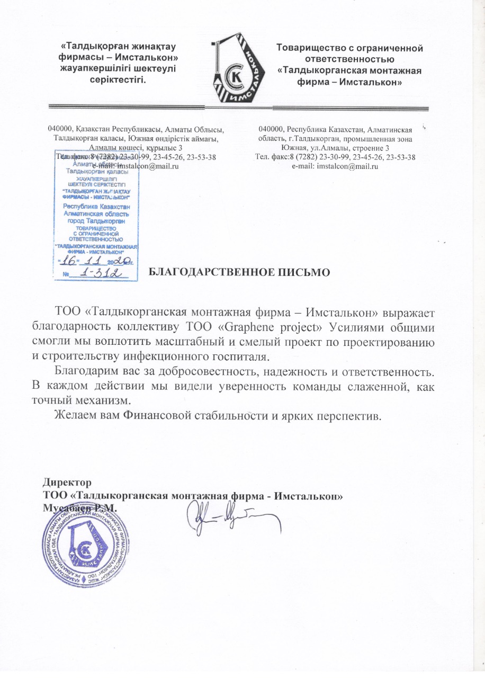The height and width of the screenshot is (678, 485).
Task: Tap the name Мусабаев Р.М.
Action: pos(79,506)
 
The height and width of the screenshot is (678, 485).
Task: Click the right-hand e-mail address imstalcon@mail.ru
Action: pos(335,166)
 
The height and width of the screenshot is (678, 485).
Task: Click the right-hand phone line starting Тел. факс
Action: pos(335,157)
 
